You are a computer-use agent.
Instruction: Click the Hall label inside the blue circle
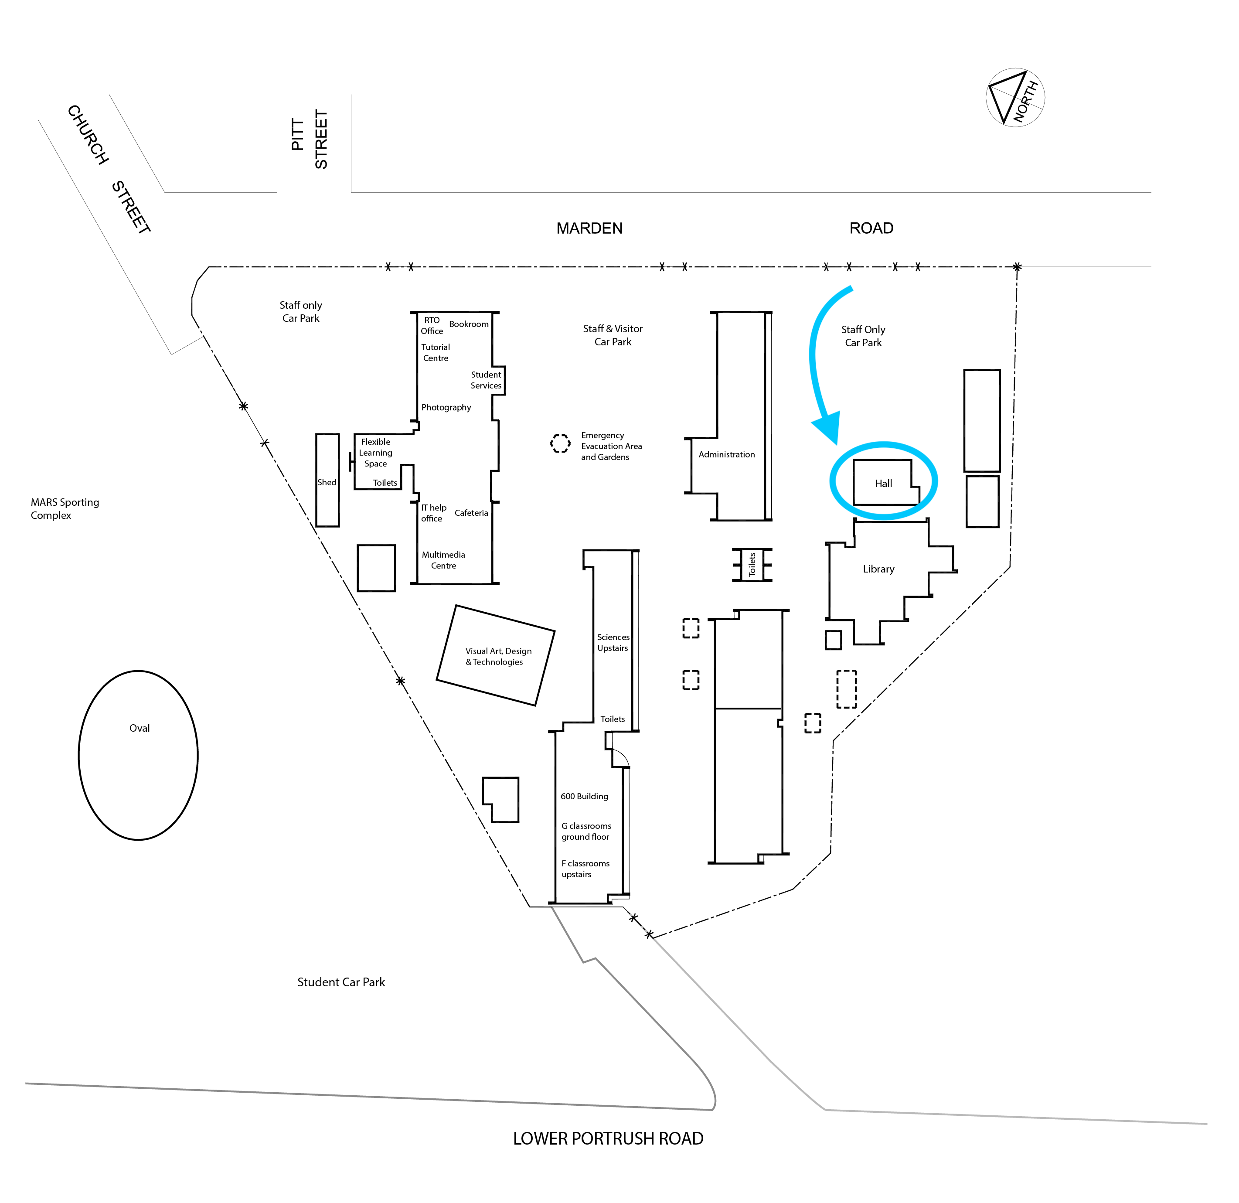click(x=883, y=484)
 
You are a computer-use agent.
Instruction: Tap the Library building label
click(x=879, y=569)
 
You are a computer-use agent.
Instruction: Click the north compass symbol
click(x=1015, y=97)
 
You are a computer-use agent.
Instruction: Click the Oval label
click(x=139, y=728)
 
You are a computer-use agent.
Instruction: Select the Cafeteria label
click(x=471, y=513)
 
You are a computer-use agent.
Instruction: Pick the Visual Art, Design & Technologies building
click(x=496, y=655)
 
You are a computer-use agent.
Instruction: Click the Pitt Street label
click(x=309, y=139)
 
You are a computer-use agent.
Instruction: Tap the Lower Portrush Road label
click(x=608, y=1138)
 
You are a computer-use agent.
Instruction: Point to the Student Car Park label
click(x=341, y=982)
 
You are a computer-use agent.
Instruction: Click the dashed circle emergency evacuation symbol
click(x=560, y=443)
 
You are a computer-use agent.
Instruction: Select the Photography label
click(x=446, y=408)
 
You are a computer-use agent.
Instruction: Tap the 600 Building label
click(x=584, y=797)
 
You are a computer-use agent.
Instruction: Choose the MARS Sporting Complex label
click(x=65, y=509)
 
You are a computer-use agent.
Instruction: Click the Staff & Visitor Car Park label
click(x=613, y=335)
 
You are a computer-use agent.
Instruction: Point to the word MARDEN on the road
click(x=589, y=228)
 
